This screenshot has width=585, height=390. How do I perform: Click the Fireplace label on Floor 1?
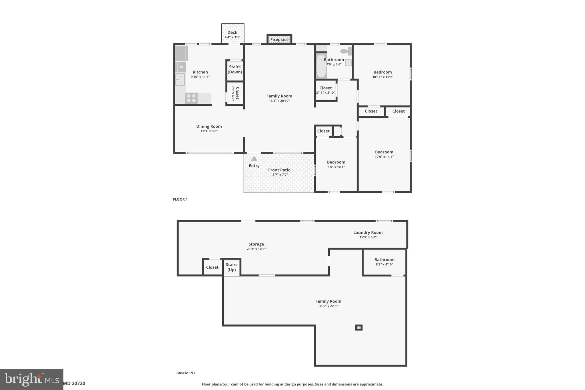(279, 40)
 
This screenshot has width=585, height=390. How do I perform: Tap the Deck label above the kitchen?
(232, 33)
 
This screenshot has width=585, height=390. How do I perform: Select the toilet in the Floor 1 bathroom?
(345, 51)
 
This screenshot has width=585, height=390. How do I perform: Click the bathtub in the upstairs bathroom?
(321, 66)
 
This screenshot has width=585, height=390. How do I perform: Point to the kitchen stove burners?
(191, 98)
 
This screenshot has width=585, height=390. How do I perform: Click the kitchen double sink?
(180, 79)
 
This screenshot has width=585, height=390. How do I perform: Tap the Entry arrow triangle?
(254, 159)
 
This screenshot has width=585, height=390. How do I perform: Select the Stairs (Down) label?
(235, 69)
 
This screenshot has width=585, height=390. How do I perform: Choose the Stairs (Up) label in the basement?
(231, 267)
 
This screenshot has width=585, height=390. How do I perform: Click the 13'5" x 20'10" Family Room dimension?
(279, 101)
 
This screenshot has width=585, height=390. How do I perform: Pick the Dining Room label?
(209, 126)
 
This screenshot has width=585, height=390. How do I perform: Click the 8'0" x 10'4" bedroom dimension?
(336, 167)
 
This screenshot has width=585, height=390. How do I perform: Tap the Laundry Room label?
(368, 233)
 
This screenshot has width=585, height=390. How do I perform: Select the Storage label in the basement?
(256, 244)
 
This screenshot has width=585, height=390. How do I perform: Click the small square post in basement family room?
(358, 327)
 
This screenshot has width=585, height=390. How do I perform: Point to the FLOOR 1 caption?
(180, 199)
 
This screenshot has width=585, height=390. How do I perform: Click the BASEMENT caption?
(186, 373)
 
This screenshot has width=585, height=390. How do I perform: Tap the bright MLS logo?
(32, 379)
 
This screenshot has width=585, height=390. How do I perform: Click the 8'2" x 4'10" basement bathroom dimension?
(384, 265)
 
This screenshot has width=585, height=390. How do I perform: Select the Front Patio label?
(279, 170)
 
